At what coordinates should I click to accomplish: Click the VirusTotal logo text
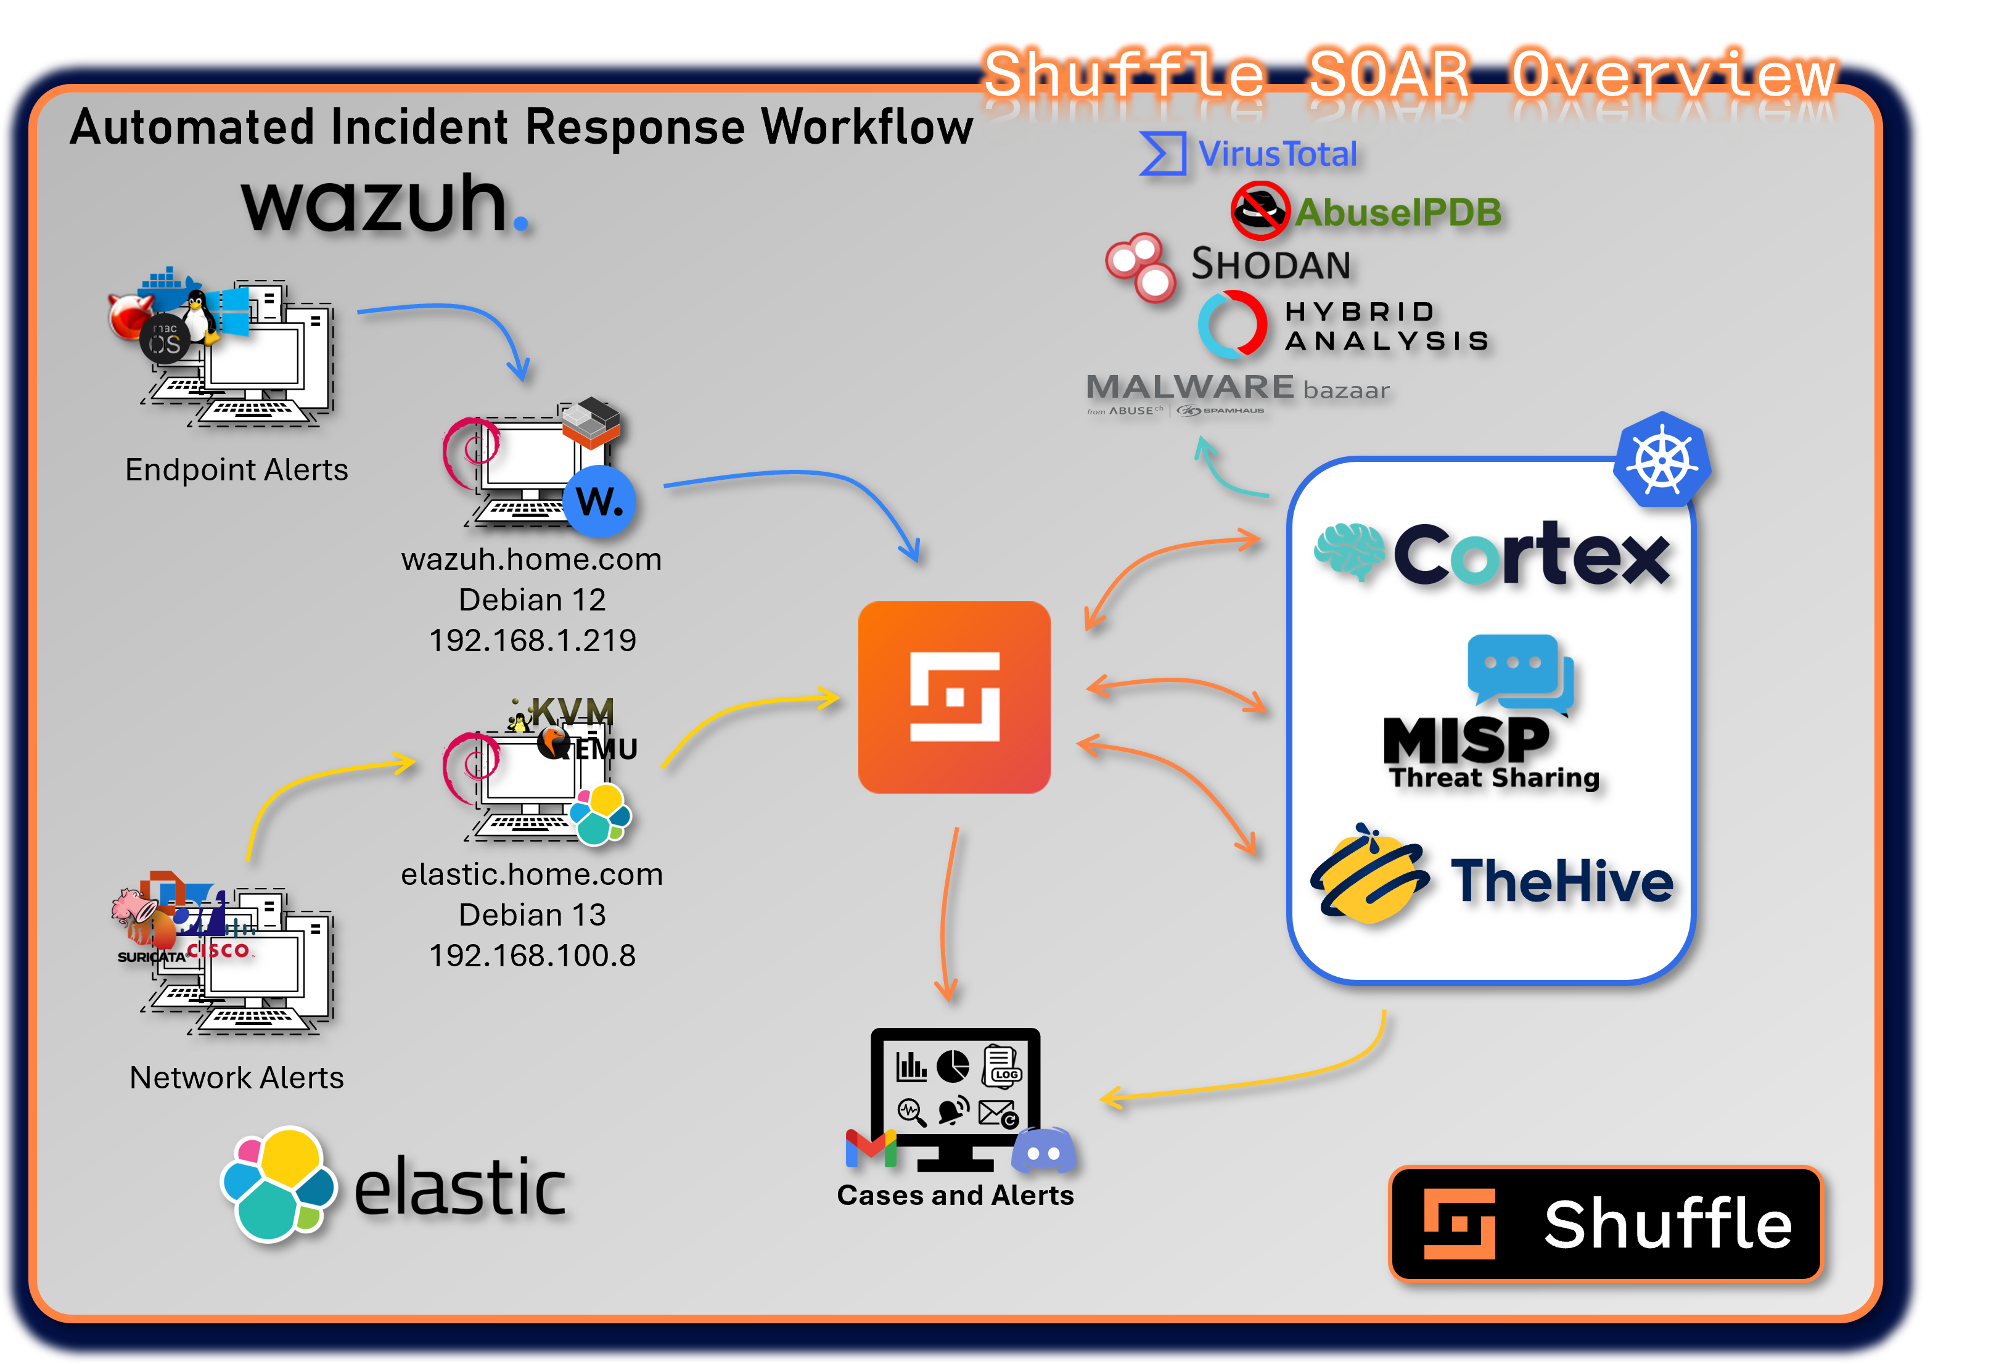click(x=1276, y=154)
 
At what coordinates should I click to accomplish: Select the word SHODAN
click(x=1271, y=265)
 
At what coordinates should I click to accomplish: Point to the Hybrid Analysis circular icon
click(x=1232, y=325)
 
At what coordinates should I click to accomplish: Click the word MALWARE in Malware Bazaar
click(x=1189, y=387)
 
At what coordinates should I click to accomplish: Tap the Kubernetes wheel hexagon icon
click(x=1661, y=460)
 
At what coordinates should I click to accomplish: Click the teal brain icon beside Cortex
click(x=1349, y=551)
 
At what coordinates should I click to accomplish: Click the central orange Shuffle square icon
click(x=953, y=697)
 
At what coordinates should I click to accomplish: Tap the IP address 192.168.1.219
click(x=532, y=640)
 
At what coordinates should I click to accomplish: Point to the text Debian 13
click(x=532, y=915)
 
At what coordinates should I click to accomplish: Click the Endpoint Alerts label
click(x=236, y=469)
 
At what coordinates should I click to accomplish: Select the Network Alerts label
click(x=236, y=1077)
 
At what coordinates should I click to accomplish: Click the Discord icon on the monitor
click(x=1043, y=1151)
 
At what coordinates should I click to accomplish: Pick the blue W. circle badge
click(x=600, y=501)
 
